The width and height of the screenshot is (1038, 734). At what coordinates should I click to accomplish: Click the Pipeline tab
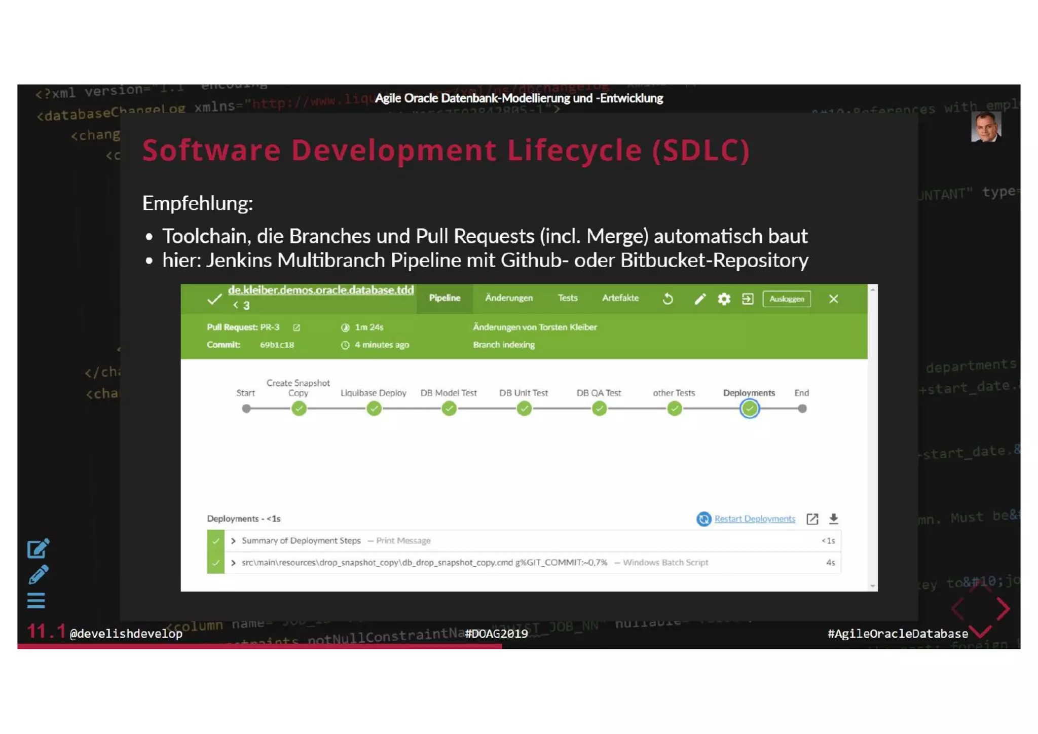point(444,298)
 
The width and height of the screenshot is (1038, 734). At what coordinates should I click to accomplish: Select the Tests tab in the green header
point(567,298)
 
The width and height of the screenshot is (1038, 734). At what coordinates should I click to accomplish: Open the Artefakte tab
point(620,298)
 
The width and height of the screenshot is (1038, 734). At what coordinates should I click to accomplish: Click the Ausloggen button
point(786,299)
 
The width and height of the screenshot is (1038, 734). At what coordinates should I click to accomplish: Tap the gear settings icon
point(724,299)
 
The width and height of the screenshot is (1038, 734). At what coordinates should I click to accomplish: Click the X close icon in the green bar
point(833,299)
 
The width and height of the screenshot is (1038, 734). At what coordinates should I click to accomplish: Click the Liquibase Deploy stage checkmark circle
point(374,409)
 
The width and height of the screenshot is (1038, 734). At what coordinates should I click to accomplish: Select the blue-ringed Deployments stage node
point(749,409)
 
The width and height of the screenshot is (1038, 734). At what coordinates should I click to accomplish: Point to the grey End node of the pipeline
point(802,409)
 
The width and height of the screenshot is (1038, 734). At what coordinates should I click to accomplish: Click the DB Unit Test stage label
point(523,393)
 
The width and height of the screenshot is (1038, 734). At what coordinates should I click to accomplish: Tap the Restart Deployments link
point(754,519)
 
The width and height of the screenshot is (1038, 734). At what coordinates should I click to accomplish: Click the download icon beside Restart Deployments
point(833,519)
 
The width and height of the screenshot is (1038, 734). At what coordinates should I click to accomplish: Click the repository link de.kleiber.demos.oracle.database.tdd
point(321,290)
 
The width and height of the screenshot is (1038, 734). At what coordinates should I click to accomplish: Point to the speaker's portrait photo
point(985,127)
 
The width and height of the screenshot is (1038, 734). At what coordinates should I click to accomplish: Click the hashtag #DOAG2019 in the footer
point(496,634)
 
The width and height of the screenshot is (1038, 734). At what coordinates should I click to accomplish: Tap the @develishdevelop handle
point(126,634)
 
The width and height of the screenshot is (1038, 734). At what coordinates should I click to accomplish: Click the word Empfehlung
point(197,203)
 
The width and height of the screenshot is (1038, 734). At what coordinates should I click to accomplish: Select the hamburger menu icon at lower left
point(36,601)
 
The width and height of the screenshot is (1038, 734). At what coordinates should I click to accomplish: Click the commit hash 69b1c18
point(277,345)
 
